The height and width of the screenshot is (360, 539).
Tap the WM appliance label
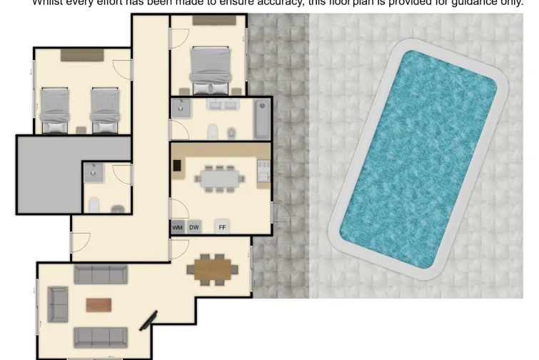coord(178,227)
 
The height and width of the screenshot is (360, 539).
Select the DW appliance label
coord(194,227)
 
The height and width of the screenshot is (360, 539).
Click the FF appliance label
coord(222,227)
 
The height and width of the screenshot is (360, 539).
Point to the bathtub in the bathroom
coord(263,119)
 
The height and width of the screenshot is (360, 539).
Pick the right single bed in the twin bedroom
coord(104,111)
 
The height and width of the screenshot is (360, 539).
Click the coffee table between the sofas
coord(99,305)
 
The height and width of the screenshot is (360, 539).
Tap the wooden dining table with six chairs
coord(216,269)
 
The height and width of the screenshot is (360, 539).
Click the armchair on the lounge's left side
coord(58,303)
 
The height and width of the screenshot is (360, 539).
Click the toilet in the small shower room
coord(94,206)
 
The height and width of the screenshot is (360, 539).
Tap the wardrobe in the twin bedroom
coord(81,54)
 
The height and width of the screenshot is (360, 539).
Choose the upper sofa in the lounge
coord(101,274)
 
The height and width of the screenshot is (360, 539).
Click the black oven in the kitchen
coord(177,166)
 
